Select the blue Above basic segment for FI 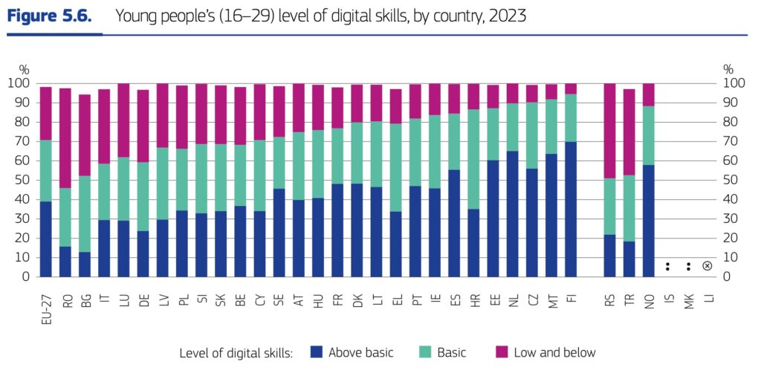pyautogui.click(x=571, y=209)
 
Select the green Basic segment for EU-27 pyautogui.click(x=46, y=170)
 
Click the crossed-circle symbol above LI pyautogui.click(x=707, y=266)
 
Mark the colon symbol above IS pyautogui.click(x=668, y=266)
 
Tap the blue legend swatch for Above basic pyautogui.click(x=315, y=351)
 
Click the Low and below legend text pyautogui.click(x=554, y=352)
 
